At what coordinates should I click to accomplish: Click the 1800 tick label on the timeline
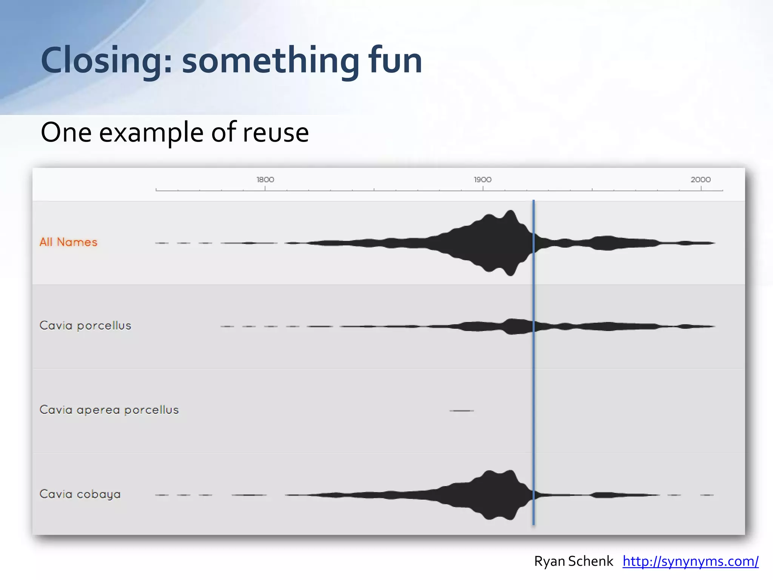pos(265,180)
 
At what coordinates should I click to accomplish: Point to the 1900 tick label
pos(483,180)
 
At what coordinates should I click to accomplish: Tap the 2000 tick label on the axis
pos(701,180)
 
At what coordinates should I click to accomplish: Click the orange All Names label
pos(68,242)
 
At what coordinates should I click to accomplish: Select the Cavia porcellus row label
pos(85,325)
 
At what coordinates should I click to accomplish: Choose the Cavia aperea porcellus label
pos(109,410)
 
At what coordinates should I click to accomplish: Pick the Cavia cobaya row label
pos(80,494)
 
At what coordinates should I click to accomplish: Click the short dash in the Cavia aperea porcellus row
pos(462,410)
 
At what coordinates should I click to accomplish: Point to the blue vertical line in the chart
pos(533,362)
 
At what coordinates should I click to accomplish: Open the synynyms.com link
pos(690,561)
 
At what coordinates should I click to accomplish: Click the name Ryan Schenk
pos(573,561)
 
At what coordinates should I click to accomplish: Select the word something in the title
pos(270,60)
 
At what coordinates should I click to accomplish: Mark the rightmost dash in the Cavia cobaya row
pos(707,495)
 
